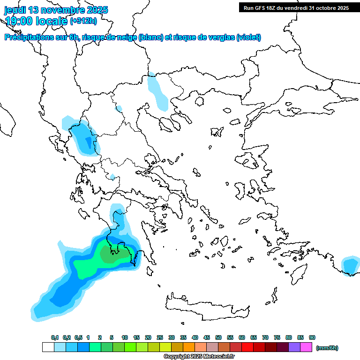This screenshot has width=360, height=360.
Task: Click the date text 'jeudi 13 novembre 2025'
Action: point(56,10)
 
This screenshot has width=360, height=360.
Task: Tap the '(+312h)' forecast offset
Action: point(83,21)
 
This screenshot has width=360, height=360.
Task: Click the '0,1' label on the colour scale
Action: point(54,338)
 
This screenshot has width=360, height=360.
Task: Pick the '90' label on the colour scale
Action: point(312,338)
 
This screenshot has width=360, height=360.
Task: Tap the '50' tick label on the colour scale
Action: point(218,338)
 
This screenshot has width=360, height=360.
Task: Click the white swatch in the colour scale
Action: point(48,347)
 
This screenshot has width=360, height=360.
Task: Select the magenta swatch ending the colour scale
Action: point(306,347)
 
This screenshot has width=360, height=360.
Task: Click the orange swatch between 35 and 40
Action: point(189,347)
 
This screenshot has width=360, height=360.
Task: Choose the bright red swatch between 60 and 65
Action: point(247,347)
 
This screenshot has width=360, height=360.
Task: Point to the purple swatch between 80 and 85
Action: point(294,347)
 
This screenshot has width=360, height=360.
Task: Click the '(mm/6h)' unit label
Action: point(327,348)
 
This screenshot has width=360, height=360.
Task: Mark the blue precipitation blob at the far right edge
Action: point(350,266)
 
